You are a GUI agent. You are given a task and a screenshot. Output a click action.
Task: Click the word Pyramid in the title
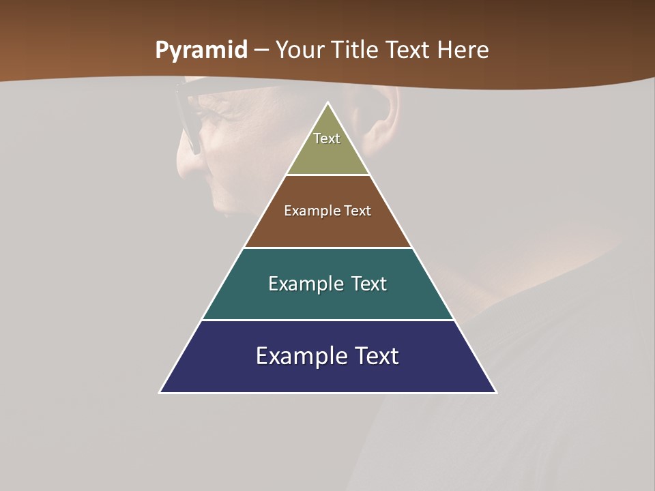[x=201, y=50]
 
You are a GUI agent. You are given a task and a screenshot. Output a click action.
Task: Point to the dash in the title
[x=262, y=51]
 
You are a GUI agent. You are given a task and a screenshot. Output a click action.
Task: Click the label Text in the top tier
[x=327, y=138]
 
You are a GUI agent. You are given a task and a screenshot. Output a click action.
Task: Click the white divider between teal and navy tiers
[x=327, y=320]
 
